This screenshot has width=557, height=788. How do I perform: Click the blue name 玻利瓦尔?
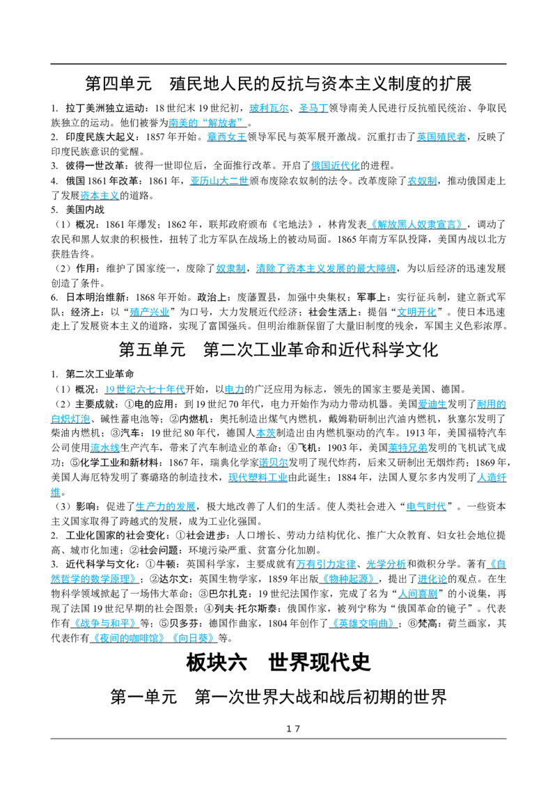point(269,108)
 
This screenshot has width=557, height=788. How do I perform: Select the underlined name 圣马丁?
point(313,108)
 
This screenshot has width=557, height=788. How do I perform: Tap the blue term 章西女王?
point(227,136)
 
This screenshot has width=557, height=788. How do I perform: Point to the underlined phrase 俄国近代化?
point(336,166)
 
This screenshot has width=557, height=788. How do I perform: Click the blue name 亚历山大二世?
point(219,181)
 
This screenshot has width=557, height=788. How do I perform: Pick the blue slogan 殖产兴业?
point(149,312)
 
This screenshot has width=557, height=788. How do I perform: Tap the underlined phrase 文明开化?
point(417,312)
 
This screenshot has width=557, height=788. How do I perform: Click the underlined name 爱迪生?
point(432,404)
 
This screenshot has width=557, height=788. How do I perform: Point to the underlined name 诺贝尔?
point(274,462)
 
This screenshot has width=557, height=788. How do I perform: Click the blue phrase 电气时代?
point(426,507)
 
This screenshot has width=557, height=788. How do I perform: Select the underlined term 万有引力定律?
point(326,565)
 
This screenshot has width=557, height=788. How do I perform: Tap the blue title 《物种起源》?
point(348,579)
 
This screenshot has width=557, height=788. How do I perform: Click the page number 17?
point(293,729)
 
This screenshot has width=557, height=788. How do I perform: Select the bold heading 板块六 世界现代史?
point(278,663)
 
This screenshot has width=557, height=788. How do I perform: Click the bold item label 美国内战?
point(85,210)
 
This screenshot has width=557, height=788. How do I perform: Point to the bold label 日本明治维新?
point(95,297)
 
